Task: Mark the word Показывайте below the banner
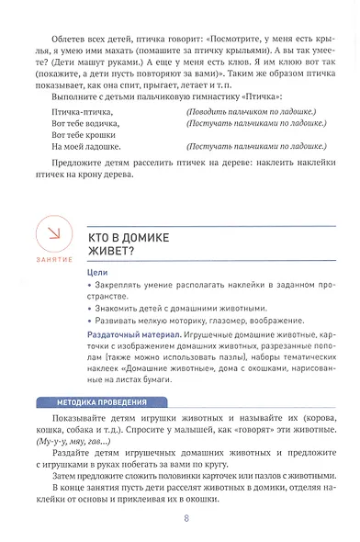click(91, 418)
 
